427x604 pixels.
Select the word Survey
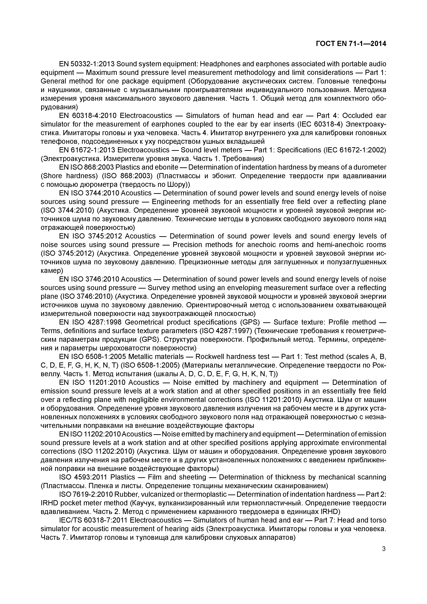(158, 288)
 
